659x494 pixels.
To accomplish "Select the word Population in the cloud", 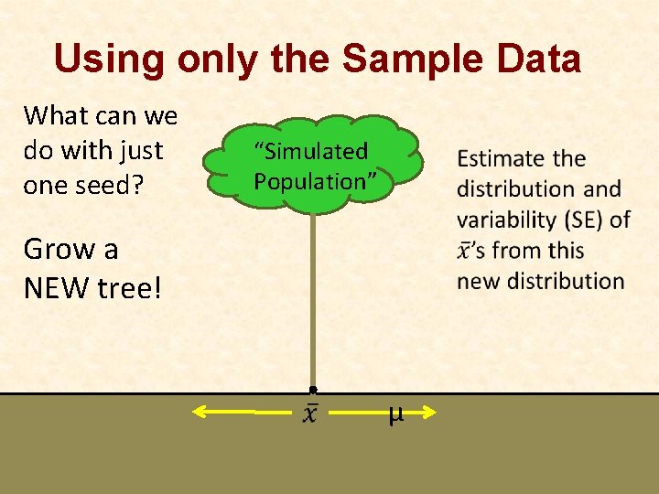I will [x=310, y=181].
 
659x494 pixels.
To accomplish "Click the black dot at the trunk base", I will [x=313, y=390].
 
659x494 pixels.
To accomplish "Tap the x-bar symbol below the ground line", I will [x=312, y=414].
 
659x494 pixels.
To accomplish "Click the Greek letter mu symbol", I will [x=395, y=414].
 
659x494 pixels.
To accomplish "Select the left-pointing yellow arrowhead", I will [x=200, y=413].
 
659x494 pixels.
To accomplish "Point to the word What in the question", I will [x=55, y=116].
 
